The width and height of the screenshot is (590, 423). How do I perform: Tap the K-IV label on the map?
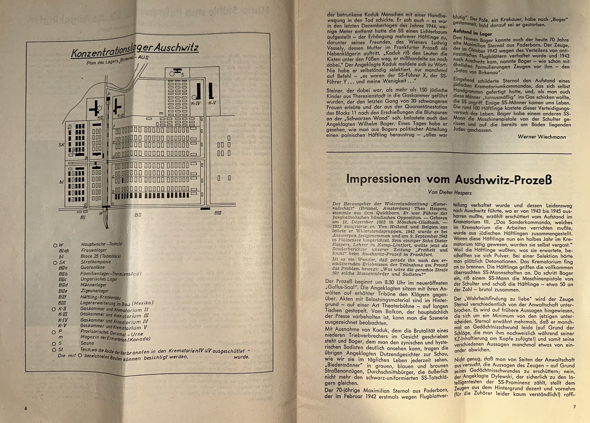click(x=196, y=104)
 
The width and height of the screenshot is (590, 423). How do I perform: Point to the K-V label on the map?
click(x=212, y=103)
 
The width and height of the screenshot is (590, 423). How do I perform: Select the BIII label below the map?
click(x=218, y=213)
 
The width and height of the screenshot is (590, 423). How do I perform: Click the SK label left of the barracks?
click(x=61, y=145)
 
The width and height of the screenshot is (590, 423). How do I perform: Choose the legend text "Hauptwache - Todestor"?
click(x=102, y=244)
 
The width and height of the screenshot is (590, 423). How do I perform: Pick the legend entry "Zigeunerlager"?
click(x=94, y=291)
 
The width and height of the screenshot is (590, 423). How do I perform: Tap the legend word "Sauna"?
click(x=87, y=343)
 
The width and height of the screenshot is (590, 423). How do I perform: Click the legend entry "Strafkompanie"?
click(x=96, y=262)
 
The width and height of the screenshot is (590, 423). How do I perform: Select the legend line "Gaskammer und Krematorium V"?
click(x=114, y=327)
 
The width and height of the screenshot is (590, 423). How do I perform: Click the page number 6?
click(x=26, y=408)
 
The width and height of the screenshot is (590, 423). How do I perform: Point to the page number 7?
click(x=574, y=407)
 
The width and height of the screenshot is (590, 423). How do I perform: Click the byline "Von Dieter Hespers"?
click(x=450, y=193)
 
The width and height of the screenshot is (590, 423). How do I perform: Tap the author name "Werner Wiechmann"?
click(x=542, y=137)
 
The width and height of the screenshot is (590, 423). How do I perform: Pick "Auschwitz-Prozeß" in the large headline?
click(x=503, y=180)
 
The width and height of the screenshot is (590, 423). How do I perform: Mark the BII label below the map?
click(x=138, y=215)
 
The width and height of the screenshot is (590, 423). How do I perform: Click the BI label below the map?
click(x=83, y=217)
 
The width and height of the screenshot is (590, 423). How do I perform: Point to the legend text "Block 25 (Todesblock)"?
click(x=101, y=256)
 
